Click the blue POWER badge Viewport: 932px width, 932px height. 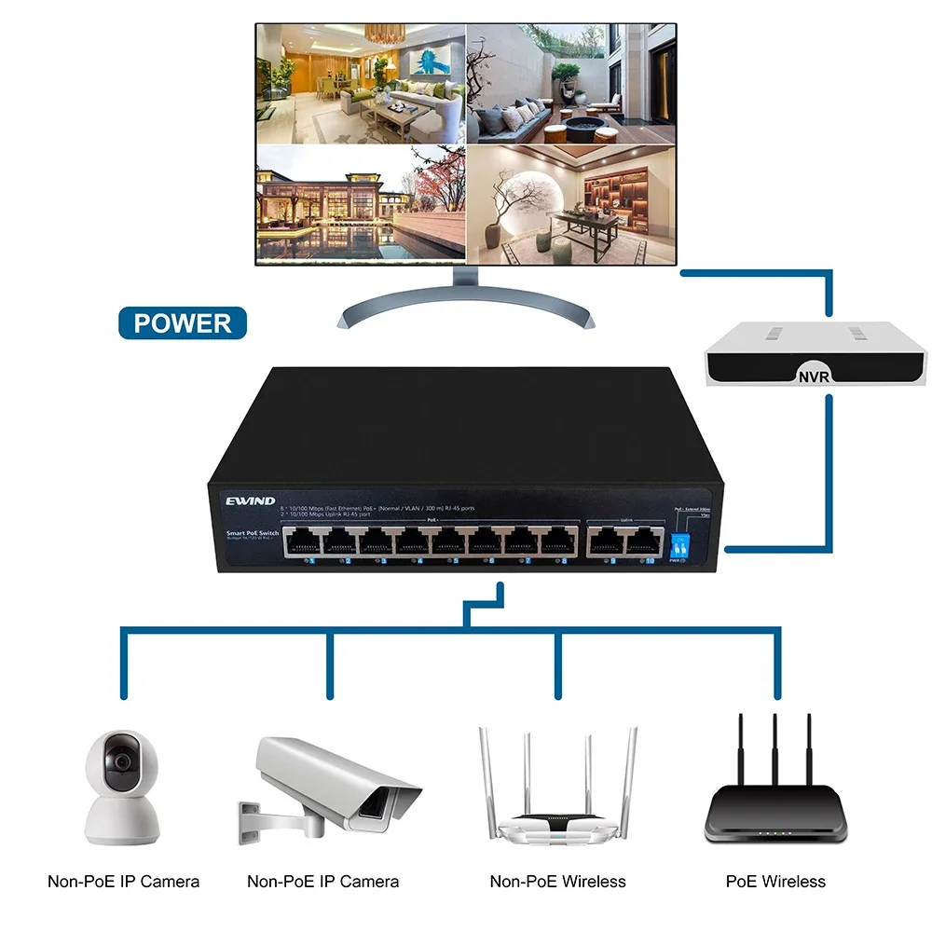(183, 322)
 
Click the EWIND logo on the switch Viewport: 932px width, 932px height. (251, 501)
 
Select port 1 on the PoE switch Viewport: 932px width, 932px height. (303, 541)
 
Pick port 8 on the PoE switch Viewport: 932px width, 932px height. (559, 541)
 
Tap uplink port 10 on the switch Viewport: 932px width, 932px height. (641, 541)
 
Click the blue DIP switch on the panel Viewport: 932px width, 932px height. (680, 545)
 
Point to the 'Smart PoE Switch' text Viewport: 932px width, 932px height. (253, 533)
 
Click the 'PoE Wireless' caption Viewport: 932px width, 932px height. (775, 881)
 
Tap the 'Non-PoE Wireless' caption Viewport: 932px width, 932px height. (558, 881)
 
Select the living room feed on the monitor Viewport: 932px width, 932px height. (361, 84)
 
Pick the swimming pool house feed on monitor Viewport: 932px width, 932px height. (361, 203)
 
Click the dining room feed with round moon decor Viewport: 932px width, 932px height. (570, 203)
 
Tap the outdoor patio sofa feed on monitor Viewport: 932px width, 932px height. (570, 84)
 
